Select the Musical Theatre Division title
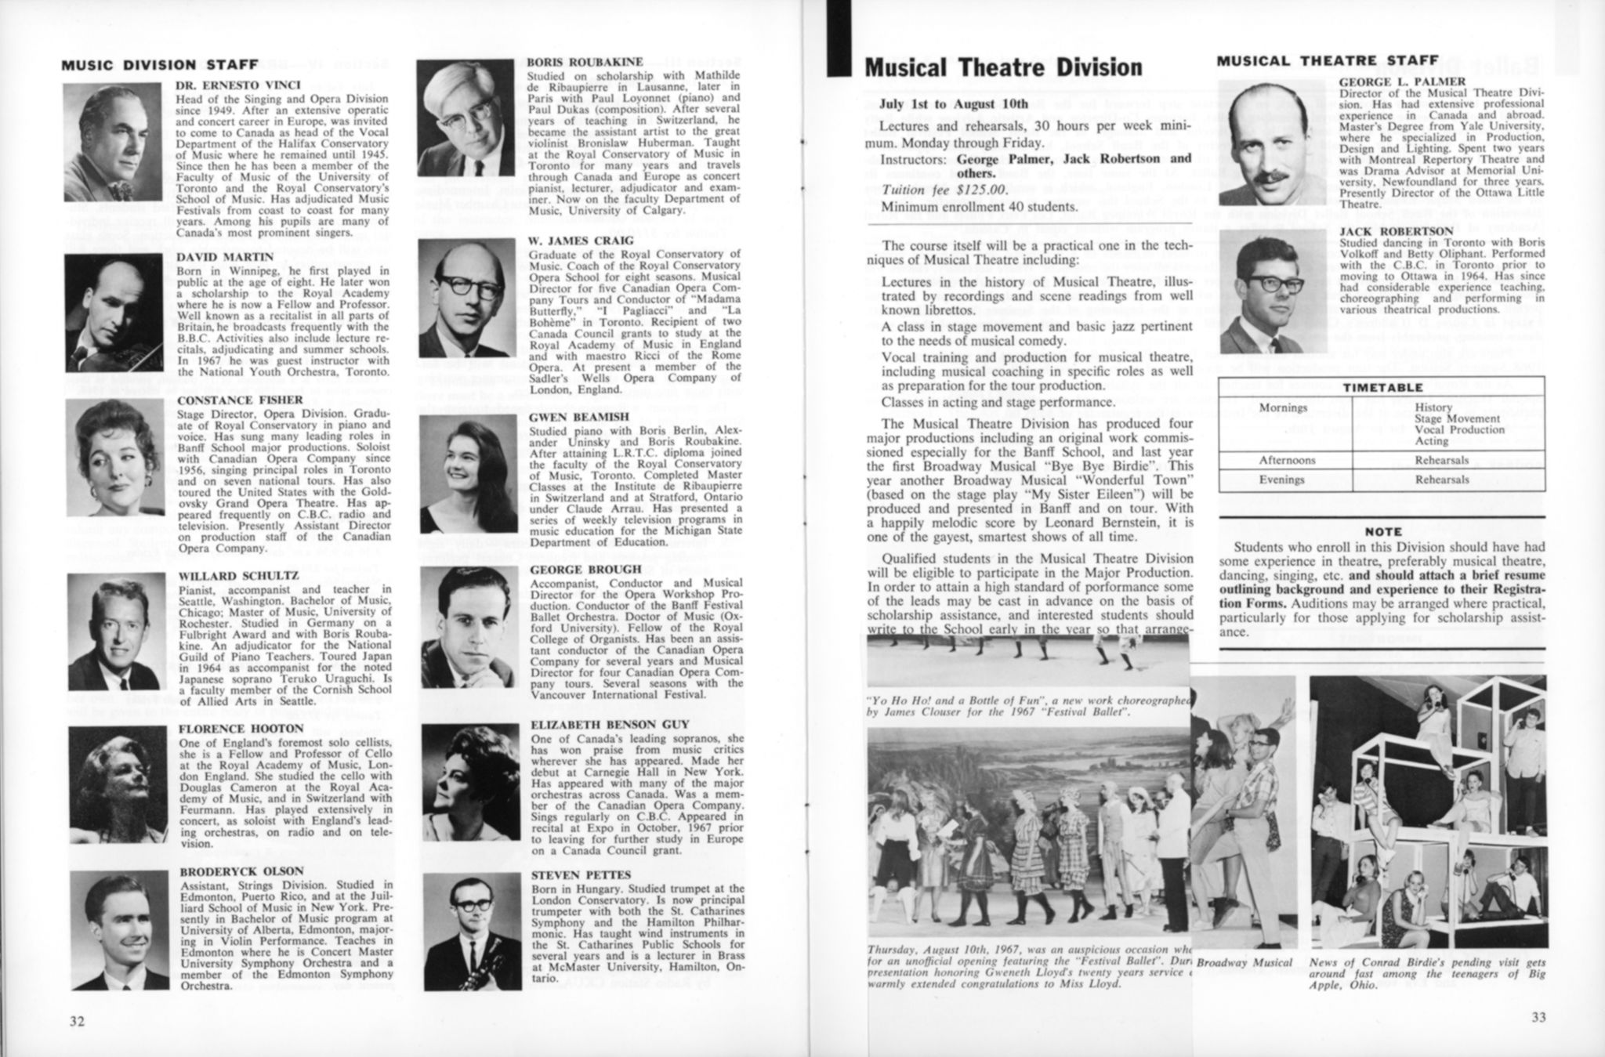point(1003,68)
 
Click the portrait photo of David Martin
point(114,312)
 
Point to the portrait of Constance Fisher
point(114,458)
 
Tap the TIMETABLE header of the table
point(1382,387)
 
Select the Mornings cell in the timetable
point(1283,408)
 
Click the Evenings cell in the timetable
point(1283,480)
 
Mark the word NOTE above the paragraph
point(1382,531)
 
